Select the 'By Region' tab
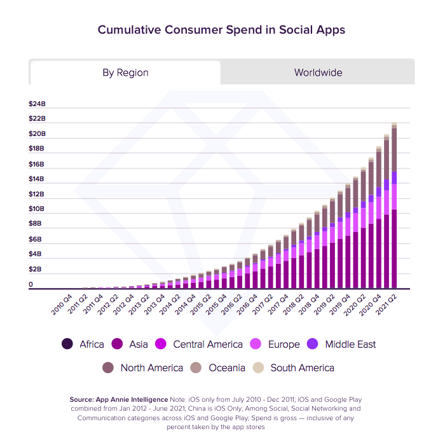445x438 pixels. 125,72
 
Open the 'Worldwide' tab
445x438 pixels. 318,72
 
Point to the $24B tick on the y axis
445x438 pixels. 37,104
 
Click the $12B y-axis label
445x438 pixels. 37,194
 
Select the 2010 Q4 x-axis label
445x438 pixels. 61,303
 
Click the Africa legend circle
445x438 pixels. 67,344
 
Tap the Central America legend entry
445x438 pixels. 200,344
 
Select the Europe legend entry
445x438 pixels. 276,344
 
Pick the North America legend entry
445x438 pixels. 143,367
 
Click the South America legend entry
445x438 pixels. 294,367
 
